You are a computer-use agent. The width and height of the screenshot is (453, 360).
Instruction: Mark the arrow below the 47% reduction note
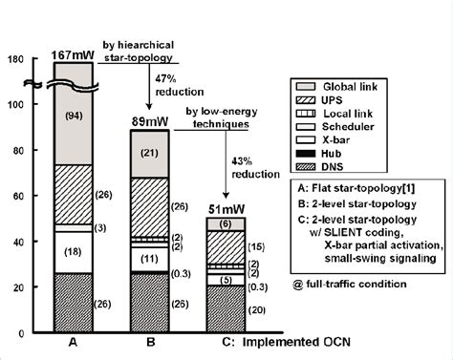(x=150, y=98)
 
